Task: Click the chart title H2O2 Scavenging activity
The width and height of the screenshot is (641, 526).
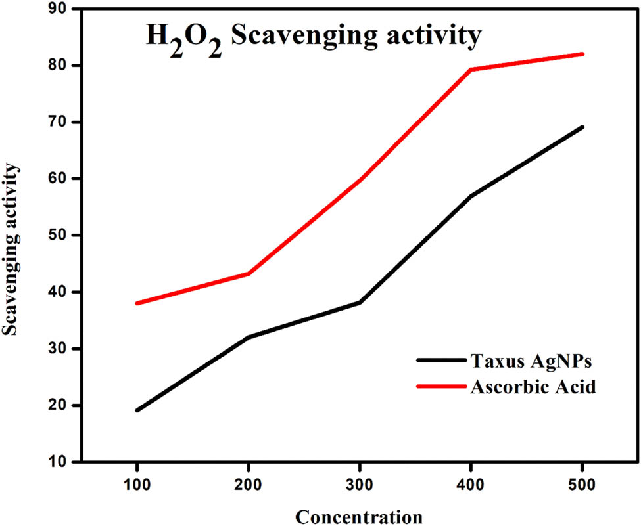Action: (x=313, y=37)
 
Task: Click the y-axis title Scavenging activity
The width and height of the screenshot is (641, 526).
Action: (x=11, y=250)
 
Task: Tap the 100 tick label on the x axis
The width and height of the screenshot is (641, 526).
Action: (x=137, y=486)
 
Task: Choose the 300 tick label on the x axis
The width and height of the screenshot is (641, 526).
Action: (x=360, y=486)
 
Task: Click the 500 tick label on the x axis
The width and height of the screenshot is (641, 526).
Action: (x=582, y=486)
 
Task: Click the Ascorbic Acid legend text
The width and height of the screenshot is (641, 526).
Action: (x=533, y=387)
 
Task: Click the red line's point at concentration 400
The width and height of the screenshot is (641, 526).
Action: (x=471, y=69)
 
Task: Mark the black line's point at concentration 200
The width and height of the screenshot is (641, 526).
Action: (x=249, y=337)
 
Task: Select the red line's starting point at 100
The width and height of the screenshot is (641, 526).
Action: (x=137, y=303)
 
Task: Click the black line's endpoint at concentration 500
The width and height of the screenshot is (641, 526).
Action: (x=582, y=127)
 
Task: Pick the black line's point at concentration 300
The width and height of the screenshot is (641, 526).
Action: (x=360, y=302)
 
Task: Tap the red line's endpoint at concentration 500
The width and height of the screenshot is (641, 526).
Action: (x=582, y=54)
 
